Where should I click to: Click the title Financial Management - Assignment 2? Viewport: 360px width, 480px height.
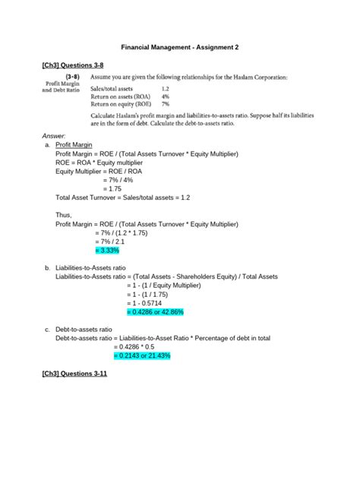[x=180, y=47]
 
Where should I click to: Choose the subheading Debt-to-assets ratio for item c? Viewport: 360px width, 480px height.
[x=84, y=330]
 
